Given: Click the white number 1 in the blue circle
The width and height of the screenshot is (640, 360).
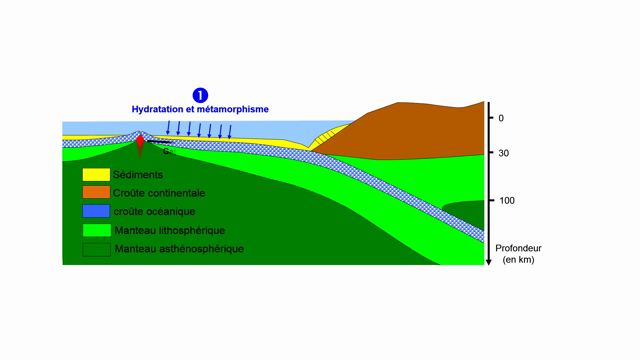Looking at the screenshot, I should pyautogui.click(x=200, y=95).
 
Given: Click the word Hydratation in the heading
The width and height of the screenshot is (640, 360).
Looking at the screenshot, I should pyautogui.click(x=164, y=108).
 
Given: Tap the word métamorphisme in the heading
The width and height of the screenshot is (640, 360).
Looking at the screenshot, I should pyautogui.click(x=237, y=108).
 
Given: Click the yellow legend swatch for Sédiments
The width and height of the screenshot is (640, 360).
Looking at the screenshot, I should pyautogui.click(x=95, y=175).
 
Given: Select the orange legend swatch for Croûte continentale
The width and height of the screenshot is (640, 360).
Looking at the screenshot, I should pyautogui.click(x=95, y=193).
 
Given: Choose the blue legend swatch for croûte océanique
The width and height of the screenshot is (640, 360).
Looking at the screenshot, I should pyautogui.click(x=95, y=211).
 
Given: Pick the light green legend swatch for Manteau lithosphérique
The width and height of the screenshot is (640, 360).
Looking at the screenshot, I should pyautogui.click(x=95, y=229).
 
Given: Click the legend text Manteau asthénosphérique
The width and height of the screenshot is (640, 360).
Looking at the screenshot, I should pyautogui.click(x=179, y=248).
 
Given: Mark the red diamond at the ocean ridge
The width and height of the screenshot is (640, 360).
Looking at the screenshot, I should pyautogui.click(x=140, y=146).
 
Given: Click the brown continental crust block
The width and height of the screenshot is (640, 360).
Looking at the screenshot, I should pyautogui.click(x=410, y=130).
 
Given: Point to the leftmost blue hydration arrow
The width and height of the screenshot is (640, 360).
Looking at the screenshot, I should pyautogui.click(x=169, y=127).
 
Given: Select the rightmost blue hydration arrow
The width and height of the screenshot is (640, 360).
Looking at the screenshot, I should pyautogui.click(x=230, y=131).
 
